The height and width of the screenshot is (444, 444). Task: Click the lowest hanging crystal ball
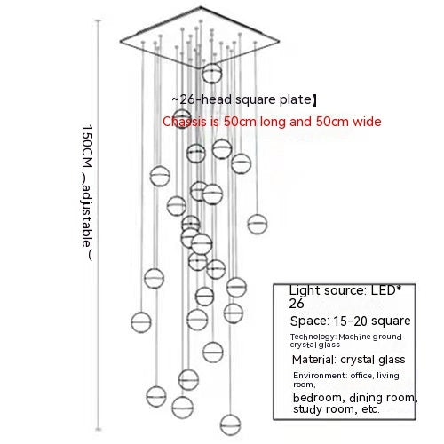(230, 424)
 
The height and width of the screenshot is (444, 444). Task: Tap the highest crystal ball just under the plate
(212, 73)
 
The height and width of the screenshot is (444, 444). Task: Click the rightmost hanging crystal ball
(258, 224)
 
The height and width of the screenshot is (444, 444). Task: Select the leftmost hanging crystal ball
(141, 321)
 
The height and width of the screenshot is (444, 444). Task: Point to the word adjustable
(88, 217)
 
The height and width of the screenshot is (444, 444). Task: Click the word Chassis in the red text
(185, 122)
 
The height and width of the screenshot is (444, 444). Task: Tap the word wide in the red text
(367, 122)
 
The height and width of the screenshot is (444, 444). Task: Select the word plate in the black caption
(295, 99)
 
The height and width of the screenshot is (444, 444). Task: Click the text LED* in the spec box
(386, 290)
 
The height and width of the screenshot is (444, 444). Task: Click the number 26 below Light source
(297, 304)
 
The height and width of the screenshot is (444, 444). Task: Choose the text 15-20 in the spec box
(350, 321)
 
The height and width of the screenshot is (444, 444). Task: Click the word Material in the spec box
(314, 360)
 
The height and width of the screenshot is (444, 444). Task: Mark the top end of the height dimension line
(99, 20)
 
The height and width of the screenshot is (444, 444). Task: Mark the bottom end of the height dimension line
(99, 429)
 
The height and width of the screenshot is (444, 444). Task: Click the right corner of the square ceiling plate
(279, 42)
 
